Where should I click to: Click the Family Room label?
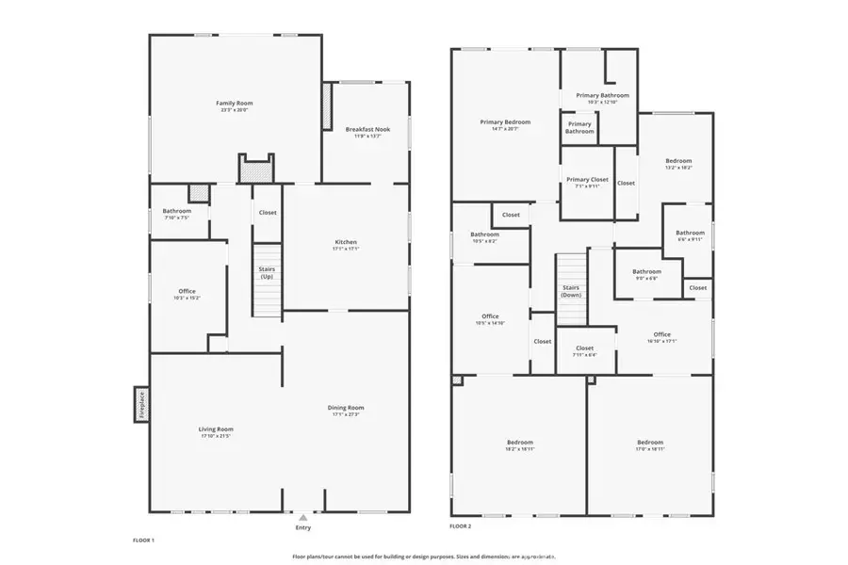point(235,103)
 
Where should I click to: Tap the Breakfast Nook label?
point(367,129)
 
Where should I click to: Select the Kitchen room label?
point(346,242)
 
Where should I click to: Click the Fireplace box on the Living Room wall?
point(141,405)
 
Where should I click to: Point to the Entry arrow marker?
point(302,517)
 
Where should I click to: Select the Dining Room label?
point(346,408)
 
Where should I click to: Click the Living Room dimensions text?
point(216,436)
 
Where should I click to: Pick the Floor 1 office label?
point(187,291)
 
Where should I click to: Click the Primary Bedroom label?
point(505,121)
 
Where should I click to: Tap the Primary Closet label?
point(587,179)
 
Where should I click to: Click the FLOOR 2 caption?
point(461,526)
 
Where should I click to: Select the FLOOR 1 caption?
point(143,540)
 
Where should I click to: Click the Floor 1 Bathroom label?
point(176,211)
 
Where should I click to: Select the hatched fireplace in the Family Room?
point(255,170)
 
